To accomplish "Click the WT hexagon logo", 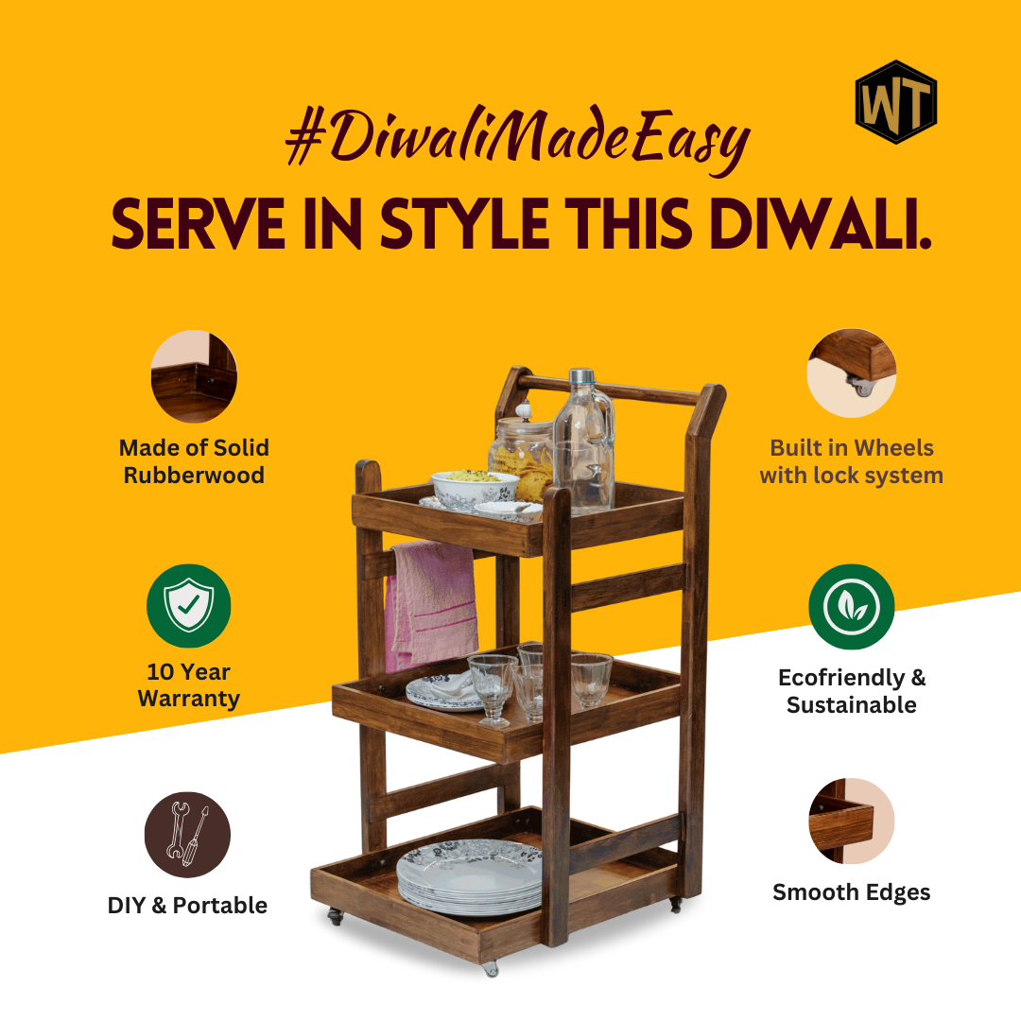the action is (896, 101).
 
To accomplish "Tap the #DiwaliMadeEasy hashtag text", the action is (518, 139).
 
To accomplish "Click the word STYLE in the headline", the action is (464, 223).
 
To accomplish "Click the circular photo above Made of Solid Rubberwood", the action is (194, 375).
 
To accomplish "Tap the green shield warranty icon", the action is (189, 606).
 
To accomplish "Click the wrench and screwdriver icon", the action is (187, 834).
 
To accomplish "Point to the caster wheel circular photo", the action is (852, 373).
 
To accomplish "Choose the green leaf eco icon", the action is (851, 606).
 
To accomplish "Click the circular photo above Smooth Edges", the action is (851, 822).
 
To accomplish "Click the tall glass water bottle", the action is (583, 440).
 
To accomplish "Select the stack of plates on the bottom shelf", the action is (470, 876).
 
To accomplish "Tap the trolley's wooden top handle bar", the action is (609, 389).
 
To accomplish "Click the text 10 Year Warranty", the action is (189, 685).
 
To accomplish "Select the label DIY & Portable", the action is (187, 905).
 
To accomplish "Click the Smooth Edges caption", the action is (852, 892).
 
